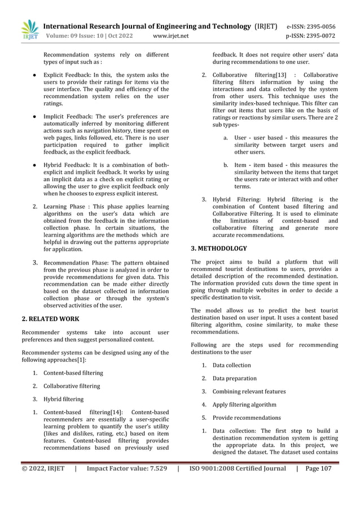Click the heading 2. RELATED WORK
[50, 319]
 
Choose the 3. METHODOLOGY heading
[219, 248]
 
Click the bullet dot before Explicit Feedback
[35, 74]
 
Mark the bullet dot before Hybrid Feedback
[35, 165]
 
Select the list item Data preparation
[234, 378]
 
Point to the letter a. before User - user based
[226, 138]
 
